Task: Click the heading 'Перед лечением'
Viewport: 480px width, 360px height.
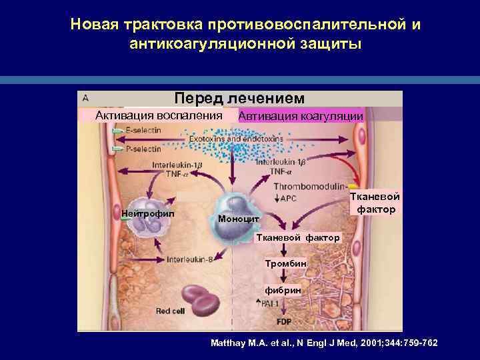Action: (x=239, y=98)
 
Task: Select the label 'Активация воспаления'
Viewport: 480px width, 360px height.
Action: (x=159, y=115)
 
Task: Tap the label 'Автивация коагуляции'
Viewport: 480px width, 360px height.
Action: (x=301, y=115)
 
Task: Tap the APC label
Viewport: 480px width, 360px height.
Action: (x=288, y=198)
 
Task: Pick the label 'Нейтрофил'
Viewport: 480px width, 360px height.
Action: (x=148, y=213)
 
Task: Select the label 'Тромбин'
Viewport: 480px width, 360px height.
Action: (x=285, y=263)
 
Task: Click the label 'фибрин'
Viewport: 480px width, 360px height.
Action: (x=283, y=291)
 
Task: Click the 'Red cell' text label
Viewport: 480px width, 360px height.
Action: (x=170, y=310)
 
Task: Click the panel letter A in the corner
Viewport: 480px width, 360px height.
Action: (x=85, y=97)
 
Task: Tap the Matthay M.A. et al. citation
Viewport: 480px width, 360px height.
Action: (x=324, y=343)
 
